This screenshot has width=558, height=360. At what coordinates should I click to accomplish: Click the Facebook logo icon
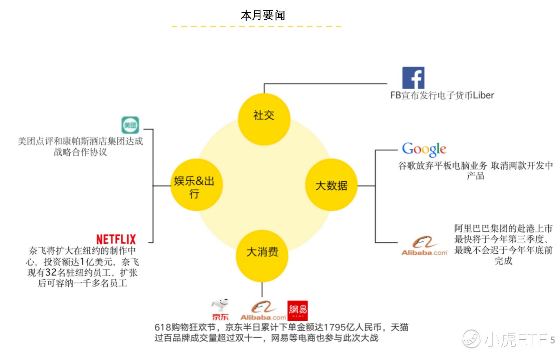413,78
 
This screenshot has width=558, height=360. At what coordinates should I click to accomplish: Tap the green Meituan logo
130,125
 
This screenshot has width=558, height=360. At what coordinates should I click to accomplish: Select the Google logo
424,149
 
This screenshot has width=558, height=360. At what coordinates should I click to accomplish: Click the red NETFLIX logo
116,239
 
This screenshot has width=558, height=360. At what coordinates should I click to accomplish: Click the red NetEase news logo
297,311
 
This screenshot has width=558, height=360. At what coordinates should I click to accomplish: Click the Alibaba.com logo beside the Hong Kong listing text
424,246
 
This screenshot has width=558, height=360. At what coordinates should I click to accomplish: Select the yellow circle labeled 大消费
262,256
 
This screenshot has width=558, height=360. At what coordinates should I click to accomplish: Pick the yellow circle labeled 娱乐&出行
196,185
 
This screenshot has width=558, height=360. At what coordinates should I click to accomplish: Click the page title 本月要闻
263,16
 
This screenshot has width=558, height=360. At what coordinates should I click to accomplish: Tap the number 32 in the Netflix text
51,272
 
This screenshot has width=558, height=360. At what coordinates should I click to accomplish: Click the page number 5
552,340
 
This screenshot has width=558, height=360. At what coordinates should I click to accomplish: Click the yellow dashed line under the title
257,27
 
